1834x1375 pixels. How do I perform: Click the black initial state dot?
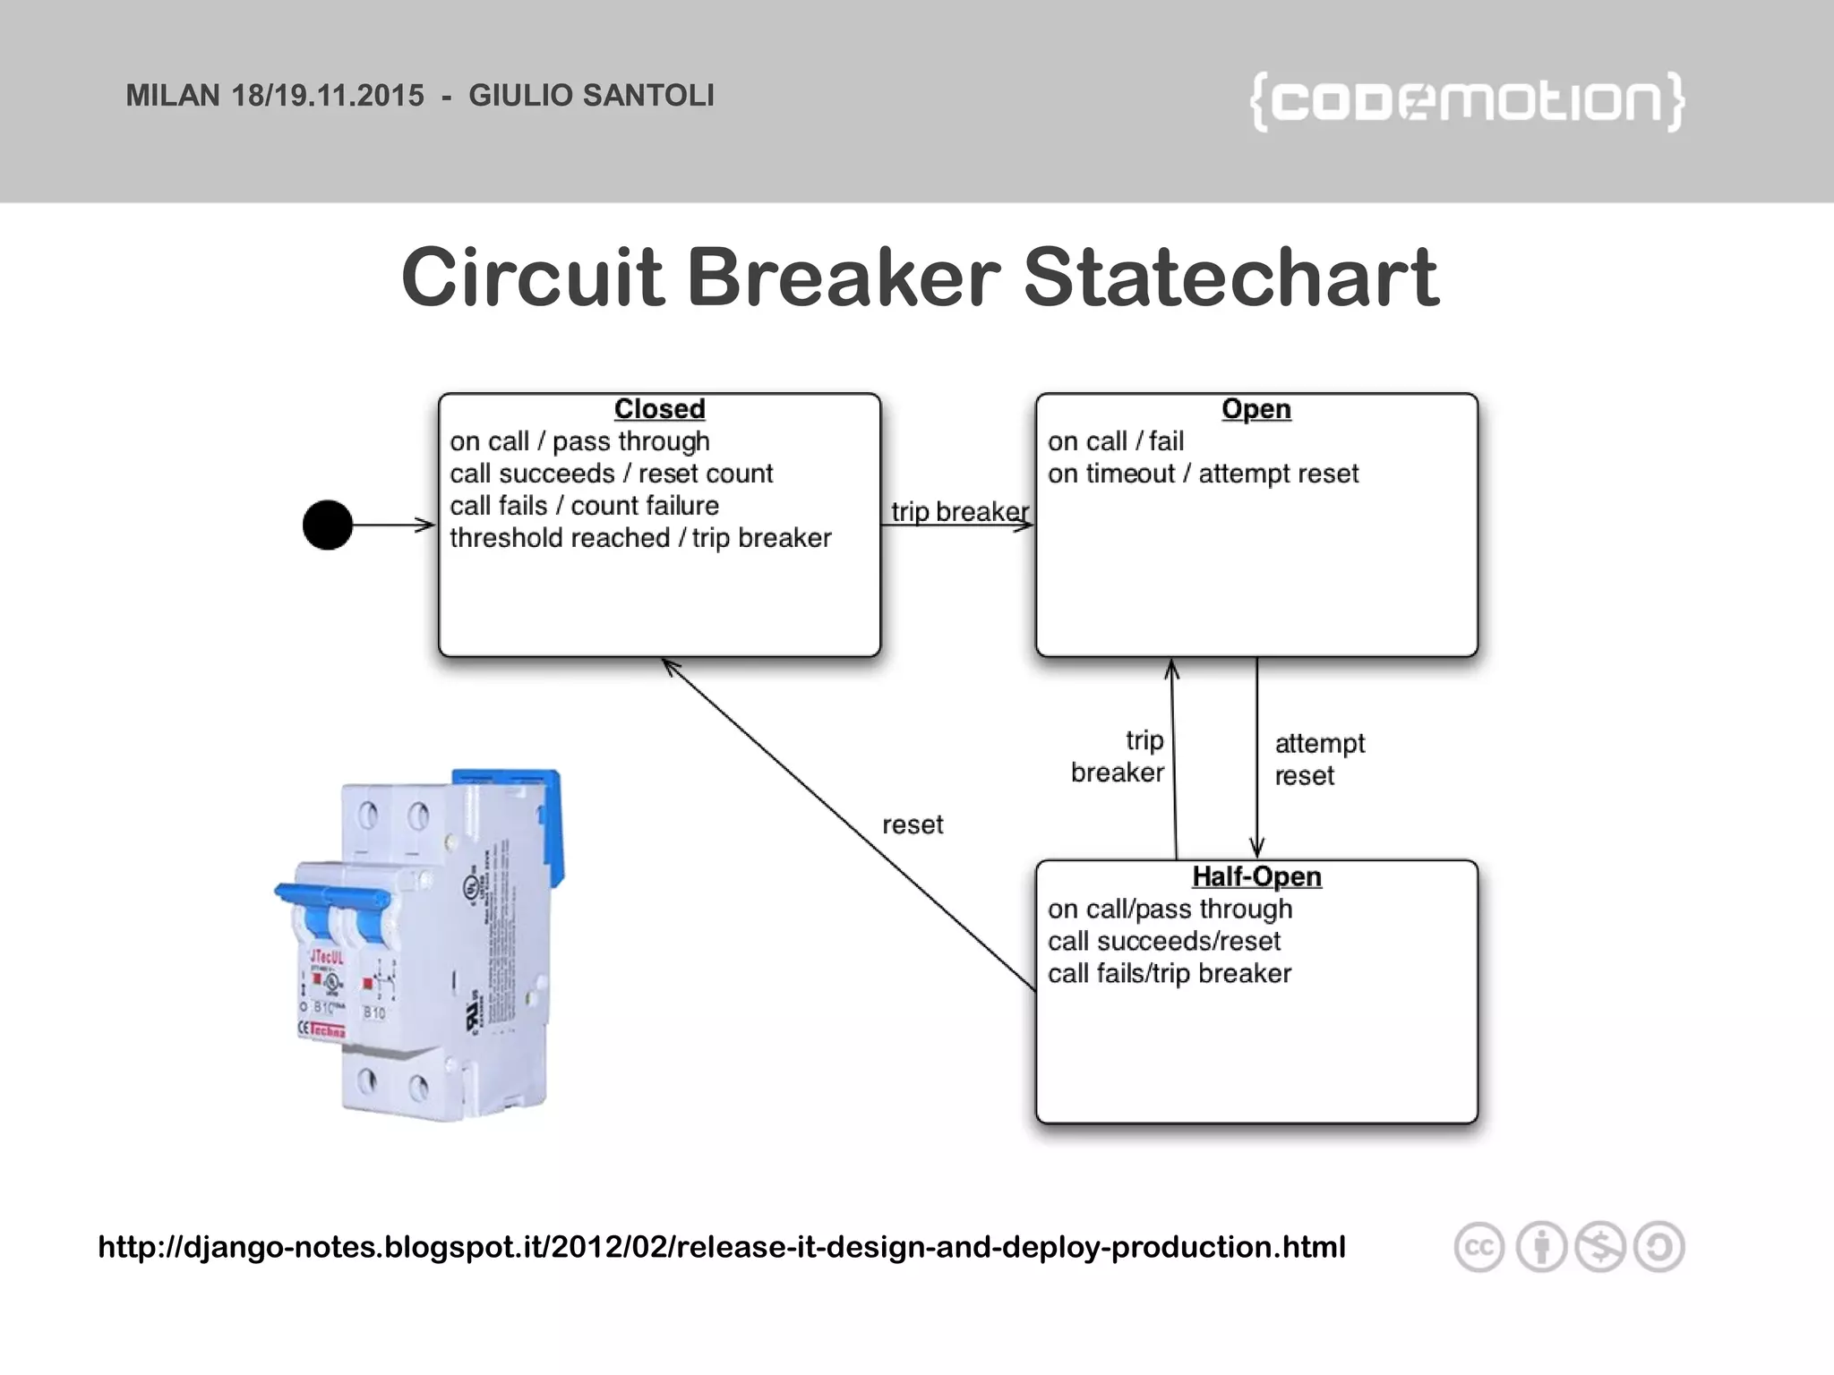(328, 525)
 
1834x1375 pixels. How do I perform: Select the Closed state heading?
(659, 409)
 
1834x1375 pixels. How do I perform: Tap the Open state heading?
(1256, 409)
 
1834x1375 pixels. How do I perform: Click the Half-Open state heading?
(1256, 876)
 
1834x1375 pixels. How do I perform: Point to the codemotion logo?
(1466, 101)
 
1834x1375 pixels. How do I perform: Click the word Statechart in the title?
(1230, 278)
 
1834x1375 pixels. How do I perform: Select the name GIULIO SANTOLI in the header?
(591, 96)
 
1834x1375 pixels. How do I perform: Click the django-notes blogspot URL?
(721, 1246)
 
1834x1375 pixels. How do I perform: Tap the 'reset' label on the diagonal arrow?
(913, 824)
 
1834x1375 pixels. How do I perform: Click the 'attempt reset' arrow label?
(1318, 759)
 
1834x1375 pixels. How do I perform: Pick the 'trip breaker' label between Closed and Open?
(959, 511)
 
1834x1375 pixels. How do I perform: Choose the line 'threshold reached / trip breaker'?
(640, 538)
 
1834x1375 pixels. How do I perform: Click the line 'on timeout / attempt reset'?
(1203, 474)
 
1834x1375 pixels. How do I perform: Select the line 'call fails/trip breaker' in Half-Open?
(1169, 973)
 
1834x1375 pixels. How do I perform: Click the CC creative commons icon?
(1478, 1247)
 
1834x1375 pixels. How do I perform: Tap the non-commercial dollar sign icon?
(1600, 1247)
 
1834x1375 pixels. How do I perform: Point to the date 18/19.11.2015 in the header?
(328, 96)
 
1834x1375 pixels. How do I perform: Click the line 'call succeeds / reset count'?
(611, 474)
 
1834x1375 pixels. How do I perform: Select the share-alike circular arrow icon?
(1658, 1247)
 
